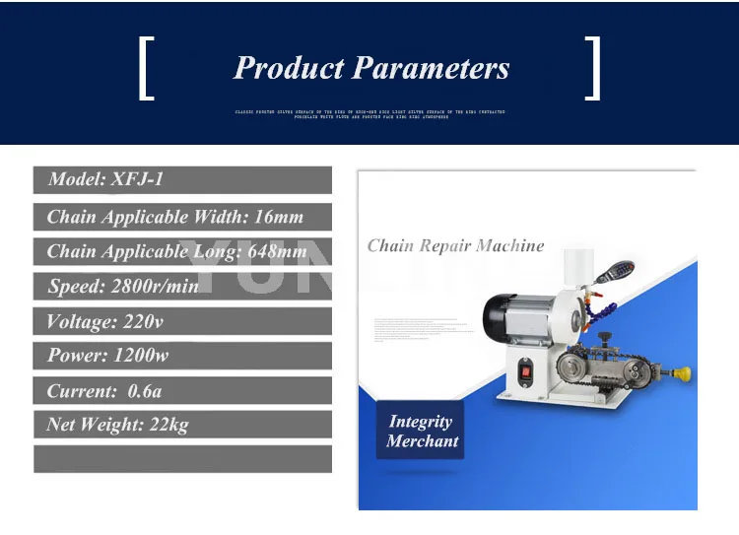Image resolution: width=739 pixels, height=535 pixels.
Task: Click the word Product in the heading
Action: pyautogui.click(x=289, y=68)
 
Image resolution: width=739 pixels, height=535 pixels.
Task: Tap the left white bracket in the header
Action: pyautogui.click(x=147, y=68)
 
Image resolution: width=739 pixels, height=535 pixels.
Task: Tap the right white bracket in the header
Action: pyautogui.click(x=592, y=68)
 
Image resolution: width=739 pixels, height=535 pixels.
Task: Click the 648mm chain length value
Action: pyautogui.click(x=275, y=251)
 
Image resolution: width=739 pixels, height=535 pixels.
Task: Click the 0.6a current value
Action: pyautogui.click(x=145, y=391)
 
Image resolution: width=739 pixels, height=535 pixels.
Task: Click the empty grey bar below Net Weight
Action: pyautogui.click(x=182, y=459)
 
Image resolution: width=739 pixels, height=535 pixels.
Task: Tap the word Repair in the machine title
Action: pyautogui.click(x=446, y=245)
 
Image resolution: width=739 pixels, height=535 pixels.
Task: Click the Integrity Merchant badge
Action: pyautogui.click(x=421, y=432)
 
